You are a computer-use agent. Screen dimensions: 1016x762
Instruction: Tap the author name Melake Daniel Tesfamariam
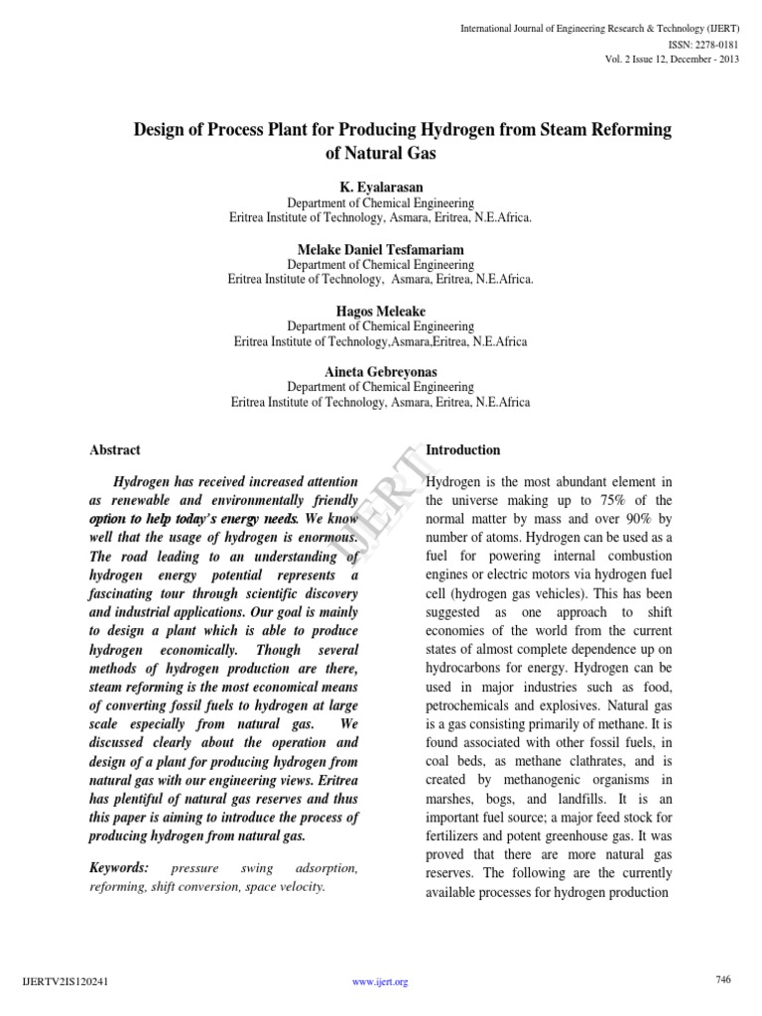point(380,248)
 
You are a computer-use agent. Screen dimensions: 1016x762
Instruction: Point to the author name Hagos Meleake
point(380,311)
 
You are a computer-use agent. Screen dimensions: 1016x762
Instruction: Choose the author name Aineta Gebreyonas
point(380,372)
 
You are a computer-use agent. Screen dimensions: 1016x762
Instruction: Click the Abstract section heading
point(115,450)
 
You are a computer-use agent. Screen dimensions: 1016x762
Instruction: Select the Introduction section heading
point(462,450)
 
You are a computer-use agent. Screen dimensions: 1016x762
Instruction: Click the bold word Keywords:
point(118,868)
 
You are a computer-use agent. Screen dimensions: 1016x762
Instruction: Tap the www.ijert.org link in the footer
point(380,982)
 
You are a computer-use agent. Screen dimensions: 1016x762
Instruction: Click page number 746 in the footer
point(722,980)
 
